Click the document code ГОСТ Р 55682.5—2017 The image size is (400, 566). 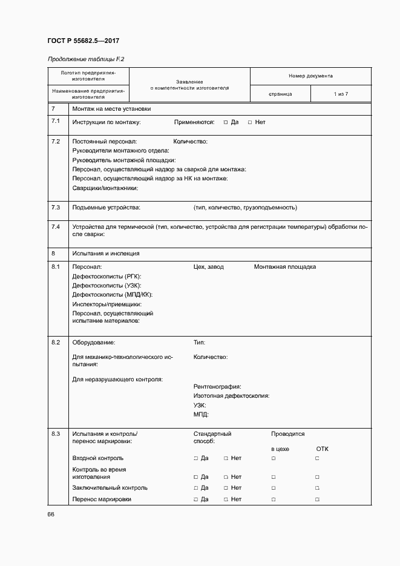click(x=83, y=42)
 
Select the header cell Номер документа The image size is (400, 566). click(x=310, y=76)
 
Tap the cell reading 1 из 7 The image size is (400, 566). click(x=341, y=94)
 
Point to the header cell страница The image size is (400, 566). click(x=280, y=94)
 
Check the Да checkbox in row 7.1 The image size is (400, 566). click(x=226, y=122)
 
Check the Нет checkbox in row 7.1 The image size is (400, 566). click(x=250, y=122)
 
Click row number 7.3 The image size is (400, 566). click(x=56, y=208)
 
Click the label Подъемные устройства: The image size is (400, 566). click(x=106, y=208)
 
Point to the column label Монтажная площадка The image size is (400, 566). click(x=284, y=267)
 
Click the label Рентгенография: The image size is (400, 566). click(x=217, y=386)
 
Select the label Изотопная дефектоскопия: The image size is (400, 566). click(x=231, y=395)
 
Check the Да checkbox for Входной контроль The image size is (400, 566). click(x=196, y=458)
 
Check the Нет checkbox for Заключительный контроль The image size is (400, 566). click(x=226, y=487)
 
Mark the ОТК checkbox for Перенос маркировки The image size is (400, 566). click(x=317, y=499)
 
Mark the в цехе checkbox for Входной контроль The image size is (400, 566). click(x=274, y=458)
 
